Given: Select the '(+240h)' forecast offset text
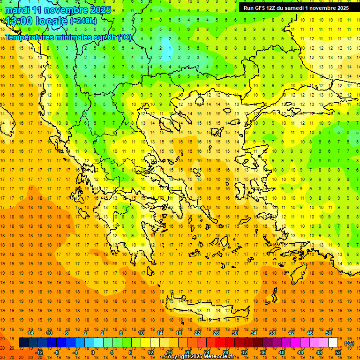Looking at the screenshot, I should click(83, 21).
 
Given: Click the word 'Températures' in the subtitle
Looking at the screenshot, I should click(29, 37).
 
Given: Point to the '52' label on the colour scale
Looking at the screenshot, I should click(338, 352).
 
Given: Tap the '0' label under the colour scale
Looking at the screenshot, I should click(92, 352).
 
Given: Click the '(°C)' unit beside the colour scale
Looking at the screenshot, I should click(349, 343).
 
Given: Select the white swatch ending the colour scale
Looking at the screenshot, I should click(333, 343).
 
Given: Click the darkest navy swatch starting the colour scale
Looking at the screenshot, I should click(23, 343).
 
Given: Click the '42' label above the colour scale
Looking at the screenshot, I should click(291, 333).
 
